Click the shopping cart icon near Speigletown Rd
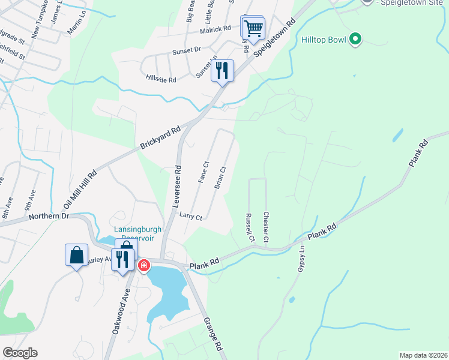(x=253, y=28)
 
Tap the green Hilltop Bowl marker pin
(x=355, y=40)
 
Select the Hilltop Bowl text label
(x=324, y=40)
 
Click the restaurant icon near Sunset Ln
(x=222, y=71)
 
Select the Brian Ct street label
(x=220, y=178)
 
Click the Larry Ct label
(x=191, y=217)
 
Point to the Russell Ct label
(x=249, y=228)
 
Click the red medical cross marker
(x=144, y=265)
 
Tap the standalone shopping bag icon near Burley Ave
(x=77, y=255)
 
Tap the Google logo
(x=20, y=353)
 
